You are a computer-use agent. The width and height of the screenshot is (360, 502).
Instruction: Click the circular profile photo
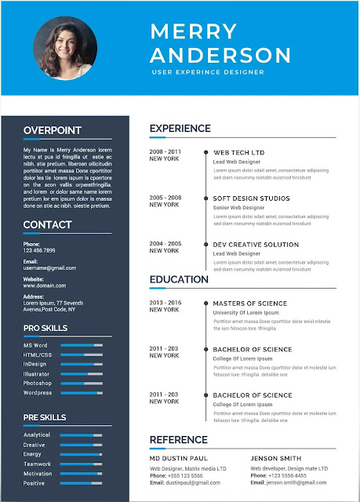(x=65, y=47)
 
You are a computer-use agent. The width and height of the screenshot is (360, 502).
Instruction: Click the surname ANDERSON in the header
(x=220, y=55)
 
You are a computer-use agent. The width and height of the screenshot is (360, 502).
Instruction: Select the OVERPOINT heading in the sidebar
(x=52, y=130)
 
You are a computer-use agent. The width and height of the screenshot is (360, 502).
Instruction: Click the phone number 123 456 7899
(x=39, y=250)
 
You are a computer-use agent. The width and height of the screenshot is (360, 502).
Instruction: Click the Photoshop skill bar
(x=81, y=383)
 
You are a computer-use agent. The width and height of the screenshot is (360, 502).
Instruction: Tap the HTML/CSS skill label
(x=38, y=355)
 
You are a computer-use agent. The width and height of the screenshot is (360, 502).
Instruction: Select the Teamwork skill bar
(x=81, y=464)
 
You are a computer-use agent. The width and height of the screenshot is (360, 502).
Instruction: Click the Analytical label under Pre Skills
(x=37, y=435)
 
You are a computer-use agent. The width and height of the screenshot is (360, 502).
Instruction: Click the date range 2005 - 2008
(x=165, y=198)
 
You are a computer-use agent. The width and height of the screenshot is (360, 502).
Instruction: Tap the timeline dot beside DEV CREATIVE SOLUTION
(x=205, y=245)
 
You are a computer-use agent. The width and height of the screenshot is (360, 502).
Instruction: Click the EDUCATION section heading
(x=179, y=279)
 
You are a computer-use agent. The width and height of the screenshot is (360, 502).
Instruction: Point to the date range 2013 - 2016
(x=165, y=302)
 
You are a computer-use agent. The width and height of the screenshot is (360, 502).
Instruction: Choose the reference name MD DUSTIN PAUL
(x=179, y=457)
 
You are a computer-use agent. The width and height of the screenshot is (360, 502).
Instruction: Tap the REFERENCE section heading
(x=178, y=440)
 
